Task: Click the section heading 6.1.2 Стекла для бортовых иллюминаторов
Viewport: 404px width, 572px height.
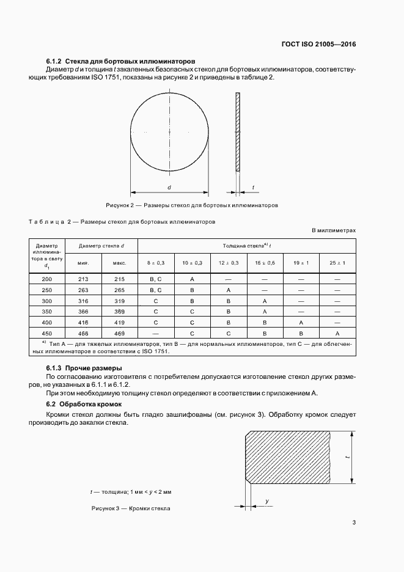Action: point(120,62)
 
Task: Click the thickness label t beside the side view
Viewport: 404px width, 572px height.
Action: point(253,188)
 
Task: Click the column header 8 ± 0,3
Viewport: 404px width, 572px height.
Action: point(156,262)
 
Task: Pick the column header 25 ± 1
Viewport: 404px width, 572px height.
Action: point(337,262)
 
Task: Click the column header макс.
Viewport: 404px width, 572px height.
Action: point(120,262)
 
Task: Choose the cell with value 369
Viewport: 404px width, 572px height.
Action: point(120,311)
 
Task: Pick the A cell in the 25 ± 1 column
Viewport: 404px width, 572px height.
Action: point(337,333)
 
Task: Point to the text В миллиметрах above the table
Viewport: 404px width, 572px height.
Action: point(334,231)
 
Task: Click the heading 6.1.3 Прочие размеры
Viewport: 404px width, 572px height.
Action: point(84,369)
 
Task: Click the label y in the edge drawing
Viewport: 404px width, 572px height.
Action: point(267,501)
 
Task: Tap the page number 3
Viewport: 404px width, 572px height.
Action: point(354,522)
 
